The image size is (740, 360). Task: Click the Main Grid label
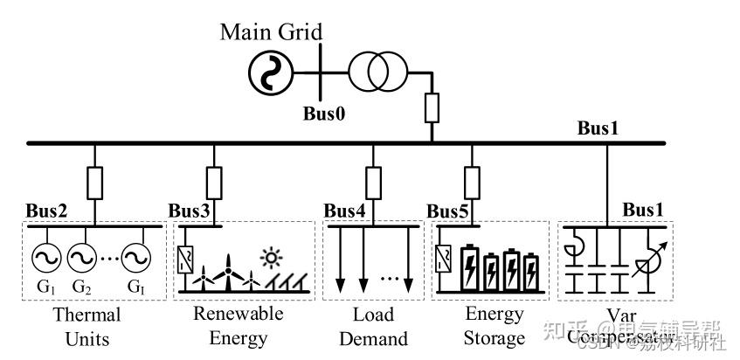(x=271, y=32)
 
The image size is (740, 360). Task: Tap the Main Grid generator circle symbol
(x=266, y=73)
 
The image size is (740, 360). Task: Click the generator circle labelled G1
(x=43, y=257)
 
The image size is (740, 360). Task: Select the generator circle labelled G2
(x=80, y=257)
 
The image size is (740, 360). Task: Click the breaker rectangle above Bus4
(x=373, y=183)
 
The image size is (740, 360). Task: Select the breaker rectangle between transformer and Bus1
(x=432, y=108)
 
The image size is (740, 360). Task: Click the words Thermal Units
(x=86, y=325)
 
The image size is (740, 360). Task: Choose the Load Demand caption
(x=373, y=325)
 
